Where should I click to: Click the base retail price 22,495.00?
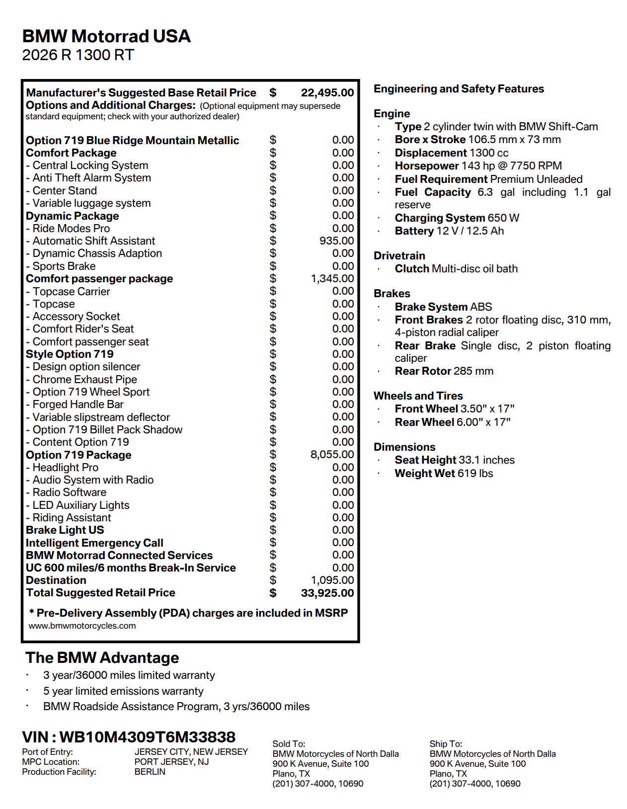pyautogui.click(x=327, y=93)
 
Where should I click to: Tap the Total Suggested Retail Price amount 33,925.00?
pyautogui.click(x=327, y=593)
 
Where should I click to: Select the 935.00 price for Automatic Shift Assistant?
pyautogui.click(x=336, y=241)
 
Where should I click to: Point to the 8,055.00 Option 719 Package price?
pyautogui.click(x=332, y=455)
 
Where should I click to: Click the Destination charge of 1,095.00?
pyautogui.click(x=332, y=580)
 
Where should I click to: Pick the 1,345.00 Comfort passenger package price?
pyautogui.click(x=332, y=279)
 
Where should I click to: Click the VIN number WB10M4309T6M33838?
pyautogui.click(x=147, y=737)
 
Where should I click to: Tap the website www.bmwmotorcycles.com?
pyautogui.click(x=82, y=626)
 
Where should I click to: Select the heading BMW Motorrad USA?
pyautogui.click(x=106, y=36)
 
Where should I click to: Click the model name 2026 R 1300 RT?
pyautogui.click(x=78, y=55)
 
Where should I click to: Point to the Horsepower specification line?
pyautogui.click(x=478, y=166)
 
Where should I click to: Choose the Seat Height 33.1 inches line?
pyautogui.click(x=454, y=460)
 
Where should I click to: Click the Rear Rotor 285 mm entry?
pyautogui.click(x=444, y=371)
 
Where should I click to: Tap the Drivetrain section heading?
pyautogui.click(x=399, y=256)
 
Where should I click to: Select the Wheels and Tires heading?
pyautogui.click(x=418, y=396)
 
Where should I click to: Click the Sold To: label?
pyautogui.click(x=289, y=744)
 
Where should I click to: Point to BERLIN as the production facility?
pyautogui.click(x=150, y=772)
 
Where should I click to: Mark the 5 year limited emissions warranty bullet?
pyautogui.click(x=123, y=691)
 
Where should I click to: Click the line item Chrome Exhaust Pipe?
pyautogui.click(x=84, y=380)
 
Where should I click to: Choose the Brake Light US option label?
pyautogui.click(x=65, y=530)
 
